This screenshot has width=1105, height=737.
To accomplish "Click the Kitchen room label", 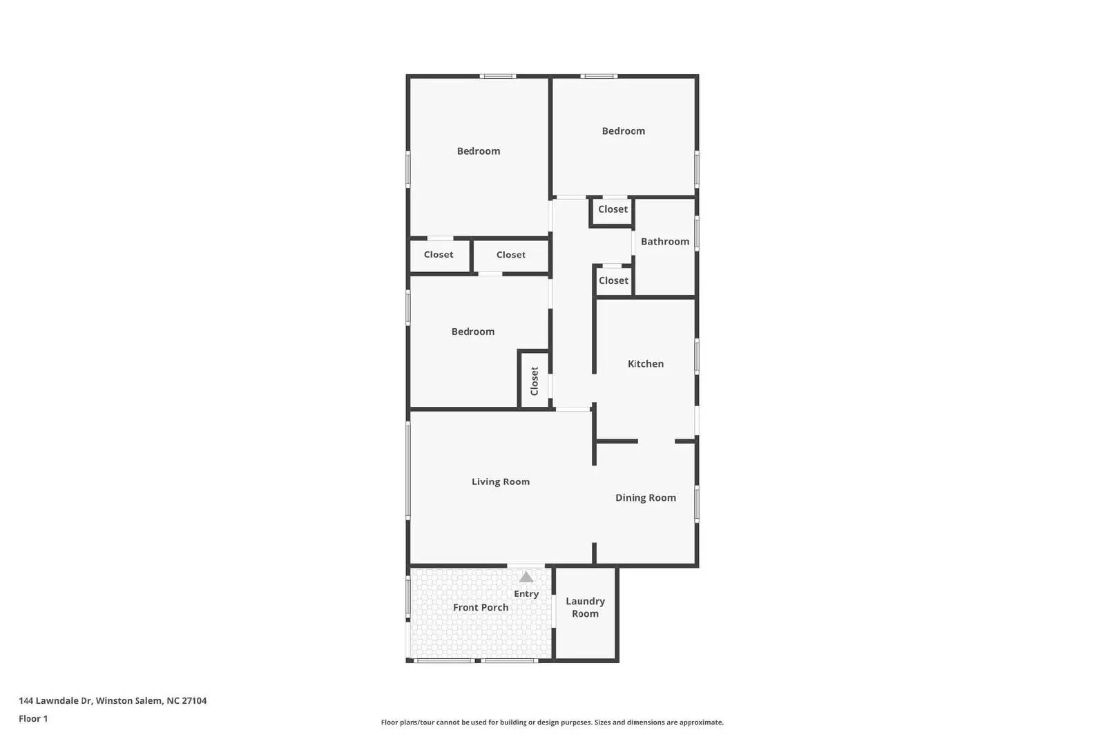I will (645, 364).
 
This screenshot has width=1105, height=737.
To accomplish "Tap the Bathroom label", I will (664, 242).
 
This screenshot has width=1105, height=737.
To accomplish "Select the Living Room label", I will (500, 482).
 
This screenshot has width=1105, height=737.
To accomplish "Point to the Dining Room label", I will (645, 498).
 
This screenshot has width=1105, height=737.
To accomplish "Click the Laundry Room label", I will (585, 608).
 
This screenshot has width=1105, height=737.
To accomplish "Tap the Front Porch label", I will (480, 608).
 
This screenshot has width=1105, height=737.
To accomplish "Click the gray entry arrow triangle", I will (526, 577).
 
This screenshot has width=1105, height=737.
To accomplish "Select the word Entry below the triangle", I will (526, 594).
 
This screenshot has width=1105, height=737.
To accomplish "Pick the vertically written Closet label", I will (534, 381).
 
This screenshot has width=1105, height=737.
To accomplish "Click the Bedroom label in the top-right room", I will (623, 131).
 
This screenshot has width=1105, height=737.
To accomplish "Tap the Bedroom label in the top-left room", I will (478, 151).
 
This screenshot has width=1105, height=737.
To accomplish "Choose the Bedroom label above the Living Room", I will (472, 332).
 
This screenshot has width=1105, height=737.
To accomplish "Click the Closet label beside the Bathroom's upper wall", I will (613, 209).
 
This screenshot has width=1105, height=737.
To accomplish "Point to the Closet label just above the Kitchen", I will (613, 281).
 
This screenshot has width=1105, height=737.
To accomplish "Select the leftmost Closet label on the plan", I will (439, 255).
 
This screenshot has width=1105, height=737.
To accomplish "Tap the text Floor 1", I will (33, 719).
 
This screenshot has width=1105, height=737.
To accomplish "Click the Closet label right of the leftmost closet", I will (510, 255).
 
